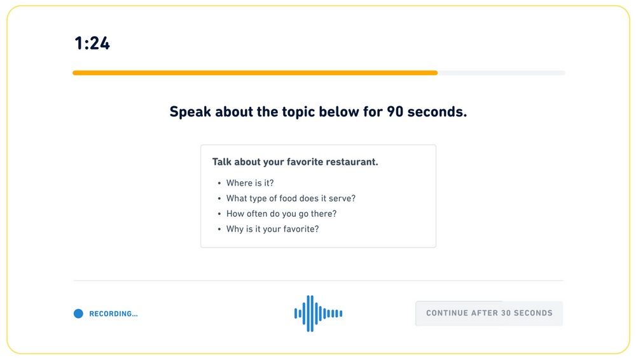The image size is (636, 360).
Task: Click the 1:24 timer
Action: [x=92, y=43]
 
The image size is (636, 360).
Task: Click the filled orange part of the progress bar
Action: [x=255, y=73]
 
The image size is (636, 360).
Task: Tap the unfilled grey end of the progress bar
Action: [x=501, y=73]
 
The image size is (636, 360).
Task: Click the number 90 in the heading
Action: [x=395, y=111]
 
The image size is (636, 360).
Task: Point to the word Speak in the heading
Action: [x=190, y=112]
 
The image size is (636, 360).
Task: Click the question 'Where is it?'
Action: [x=250, y=183]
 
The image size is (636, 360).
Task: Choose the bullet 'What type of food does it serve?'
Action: [x=291, y=198]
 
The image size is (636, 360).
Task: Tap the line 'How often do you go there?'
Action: [x=282, y=214]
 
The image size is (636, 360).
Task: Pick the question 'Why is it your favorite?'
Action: [x=273, y=230]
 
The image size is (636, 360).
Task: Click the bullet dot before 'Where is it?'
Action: [x=219, y=183]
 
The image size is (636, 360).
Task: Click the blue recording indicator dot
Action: [x=78, y=314]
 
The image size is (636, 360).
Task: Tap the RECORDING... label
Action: [x=114, y=314]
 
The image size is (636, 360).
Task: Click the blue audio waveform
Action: [x=319, y=314]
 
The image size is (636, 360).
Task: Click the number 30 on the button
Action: [x=506, y=313]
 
